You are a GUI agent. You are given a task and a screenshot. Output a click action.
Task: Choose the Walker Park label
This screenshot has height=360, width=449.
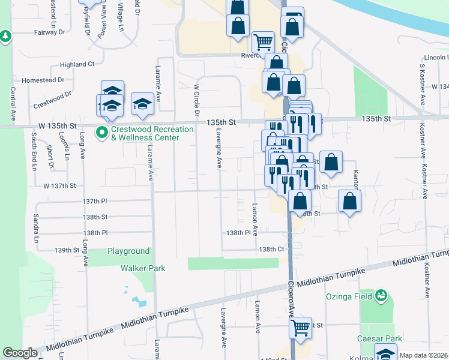(143, 269)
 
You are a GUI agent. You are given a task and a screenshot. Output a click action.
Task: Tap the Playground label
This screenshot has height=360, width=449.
(128, 251)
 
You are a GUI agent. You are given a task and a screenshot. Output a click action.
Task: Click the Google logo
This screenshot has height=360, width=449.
(20, 353)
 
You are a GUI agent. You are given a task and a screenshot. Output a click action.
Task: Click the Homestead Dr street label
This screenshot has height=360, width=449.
(43, 80)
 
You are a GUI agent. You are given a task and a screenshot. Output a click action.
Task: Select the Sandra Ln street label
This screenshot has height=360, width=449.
(36, 224)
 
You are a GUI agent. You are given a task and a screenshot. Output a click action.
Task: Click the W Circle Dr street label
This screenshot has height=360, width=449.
(196, 101)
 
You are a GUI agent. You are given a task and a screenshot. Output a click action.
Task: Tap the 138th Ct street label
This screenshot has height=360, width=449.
(271, 249)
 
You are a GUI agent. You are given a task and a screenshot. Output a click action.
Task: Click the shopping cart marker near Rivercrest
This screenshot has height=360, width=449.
(263, 42)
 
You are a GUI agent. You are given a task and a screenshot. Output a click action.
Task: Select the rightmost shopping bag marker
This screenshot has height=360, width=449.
(349, 201)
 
